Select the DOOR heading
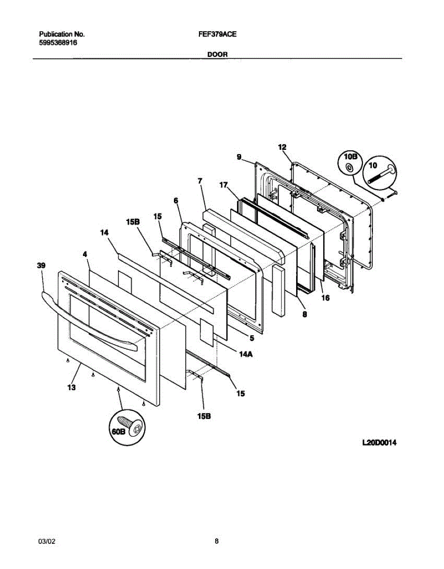[x=217, y=55]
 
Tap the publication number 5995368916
[x=58, y=43]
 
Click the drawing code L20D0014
[x=379, y=443]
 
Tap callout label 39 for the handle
[x=41, y=266]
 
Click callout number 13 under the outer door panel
[x=72, y=387]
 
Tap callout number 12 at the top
[x=282, y=147]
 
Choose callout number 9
[x=239, y=156]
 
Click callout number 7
[x=200, y=181]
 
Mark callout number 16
[x=325, y=298]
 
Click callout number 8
[x=304, y=314]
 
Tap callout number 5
[x=252, y=338]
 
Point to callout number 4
[x=85, y=254]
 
